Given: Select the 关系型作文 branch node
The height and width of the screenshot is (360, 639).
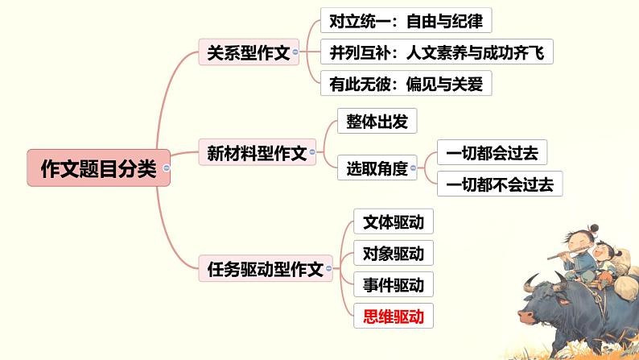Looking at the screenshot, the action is tap(248, 53).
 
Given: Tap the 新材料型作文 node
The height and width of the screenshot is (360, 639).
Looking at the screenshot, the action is tap(257, 152).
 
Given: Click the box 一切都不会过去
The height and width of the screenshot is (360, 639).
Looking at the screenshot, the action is tap(499, 184).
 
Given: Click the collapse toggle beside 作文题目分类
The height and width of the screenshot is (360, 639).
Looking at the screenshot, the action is tap(166, 168).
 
